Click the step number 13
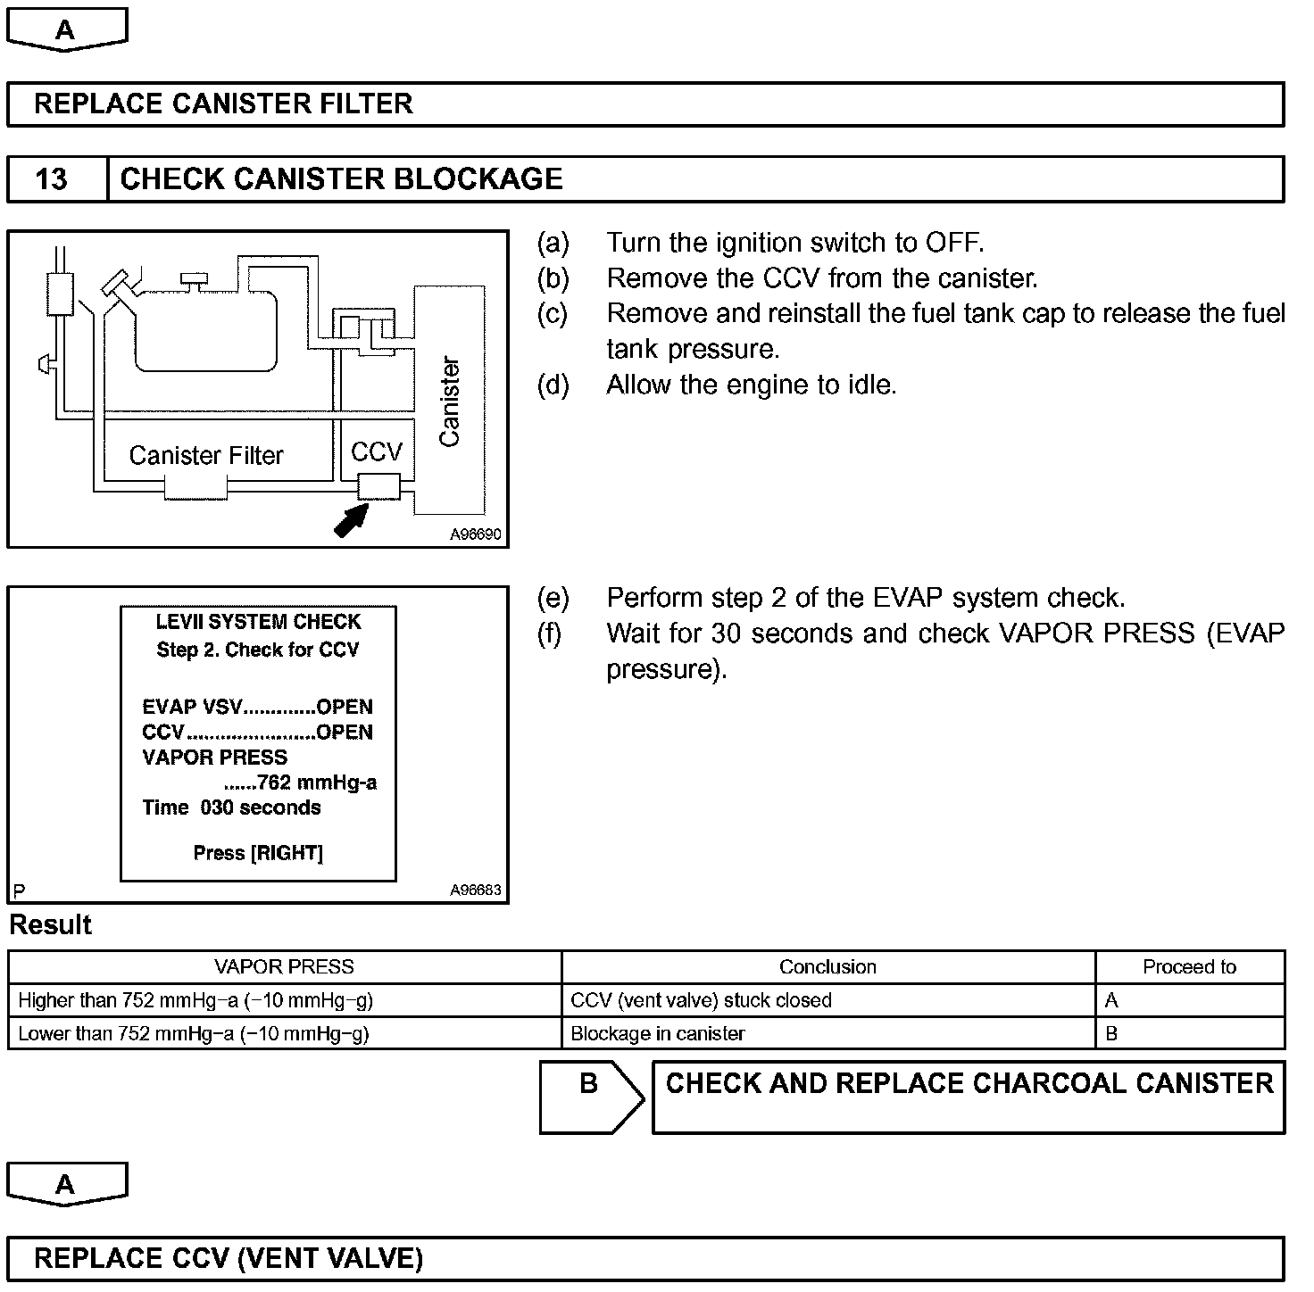click(52, 179)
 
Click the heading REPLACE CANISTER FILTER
click(223, 104)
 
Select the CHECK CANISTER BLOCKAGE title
click(341, 179)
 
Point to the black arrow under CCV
click(351, 520)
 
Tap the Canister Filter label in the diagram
click(206, 455)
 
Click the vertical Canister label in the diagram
click(450, 402)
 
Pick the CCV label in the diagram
click(377, 451)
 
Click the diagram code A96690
click(475, 534)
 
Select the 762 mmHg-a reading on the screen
click(300, 783)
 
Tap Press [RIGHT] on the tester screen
click(258, 853)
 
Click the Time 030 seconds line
click(231, 807)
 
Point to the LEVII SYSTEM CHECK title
click(258, 622)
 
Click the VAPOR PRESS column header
click(284, 967)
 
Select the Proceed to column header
click(1189, 967)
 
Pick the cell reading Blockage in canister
click(658, 1033)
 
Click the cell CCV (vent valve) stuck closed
click(701, 1000)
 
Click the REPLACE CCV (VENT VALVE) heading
click(229, 1258)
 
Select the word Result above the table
click(51, 924)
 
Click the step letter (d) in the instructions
click(553, 385)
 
